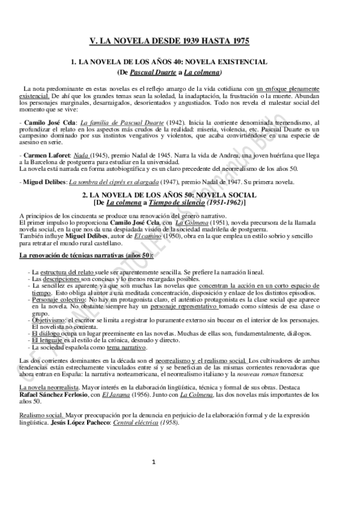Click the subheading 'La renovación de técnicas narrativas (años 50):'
[86, 256]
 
